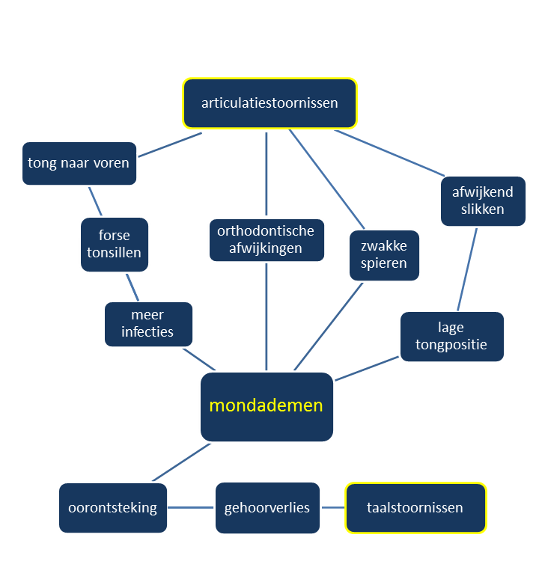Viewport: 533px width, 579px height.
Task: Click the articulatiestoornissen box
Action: click(269, 103)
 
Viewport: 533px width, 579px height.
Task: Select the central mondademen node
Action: click(266, 406)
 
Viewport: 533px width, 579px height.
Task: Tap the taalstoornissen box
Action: click(415, 508)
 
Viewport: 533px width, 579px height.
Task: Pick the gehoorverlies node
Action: click(267, 508)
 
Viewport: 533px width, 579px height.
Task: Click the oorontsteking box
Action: click(113, 508)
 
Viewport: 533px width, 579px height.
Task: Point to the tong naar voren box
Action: click(79, 163)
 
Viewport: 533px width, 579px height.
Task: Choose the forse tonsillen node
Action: click(114, 245)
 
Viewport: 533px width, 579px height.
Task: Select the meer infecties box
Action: click(148, 324)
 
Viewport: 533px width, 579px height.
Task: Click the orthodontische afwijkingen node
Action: click(266, 240)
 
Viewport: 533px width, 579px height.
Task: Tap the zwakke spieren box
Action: click(384, 255)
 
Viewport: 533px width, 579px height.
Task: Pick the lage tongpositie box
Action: click(452, 336)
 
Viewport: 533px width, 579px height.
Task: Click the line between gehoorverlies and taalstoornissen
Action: click(332, 508)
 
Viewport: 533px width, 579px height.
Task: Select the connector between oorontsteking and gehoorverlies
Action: click(191, 508)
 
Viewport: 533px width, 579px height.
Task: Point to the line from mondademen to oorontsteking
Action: click(181, 462)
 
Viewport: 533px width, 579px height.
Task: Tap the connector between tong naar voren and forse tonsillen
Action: click(95, 200)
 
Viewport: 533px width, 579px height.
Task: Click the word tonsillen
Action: click(114, 253)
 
